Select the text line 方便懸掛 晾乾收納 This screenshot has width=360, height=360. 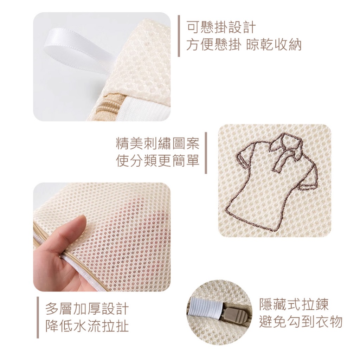(x=244, y=45)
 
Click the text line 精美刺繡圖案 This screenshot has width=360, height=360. (x=158, y=144)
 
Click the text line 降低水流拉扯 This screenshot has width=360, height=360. (x=87, y=326)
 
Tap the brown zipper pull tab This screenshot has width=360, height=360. (x=234, y=315)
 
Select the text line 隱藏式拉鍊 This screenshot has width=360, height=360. (x=294, y=304)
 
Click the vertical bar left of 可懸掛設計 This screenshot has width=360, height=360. (x=179, y=36)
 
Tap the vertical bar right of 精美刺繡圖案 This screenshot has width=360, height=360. (x=206, y=153)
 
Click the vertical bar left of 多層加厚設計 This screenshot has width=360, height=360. (x=38, y=317)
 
